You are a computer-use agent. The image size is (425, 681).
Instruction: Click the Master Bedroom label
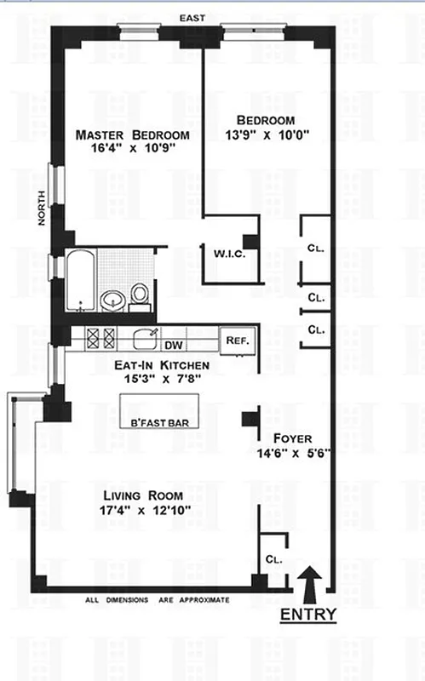pyautogui.click(x=131, y=135)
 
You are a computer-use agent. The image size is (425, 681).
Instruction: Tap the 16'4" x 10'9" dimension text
pyautogui.click(x=131, y=151)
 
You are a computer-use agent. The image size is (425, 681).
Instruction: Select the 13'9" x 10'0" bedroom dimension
pyautogui.click(x=267, y=134)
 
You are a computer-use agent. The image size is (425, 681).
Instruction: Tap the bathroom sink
pyautogui.click(x=112, y=299)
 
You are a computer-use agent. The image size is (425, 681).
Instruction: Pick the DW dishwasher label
pyautogui.click(x=174, y=345)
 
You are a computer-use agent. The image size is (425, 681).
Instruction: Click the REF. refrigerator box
pyautogui.click(x=237, y=340)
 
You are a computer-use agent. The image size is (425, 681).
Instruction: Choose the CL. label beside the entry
pyautogui.click(x=273, y=560)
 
